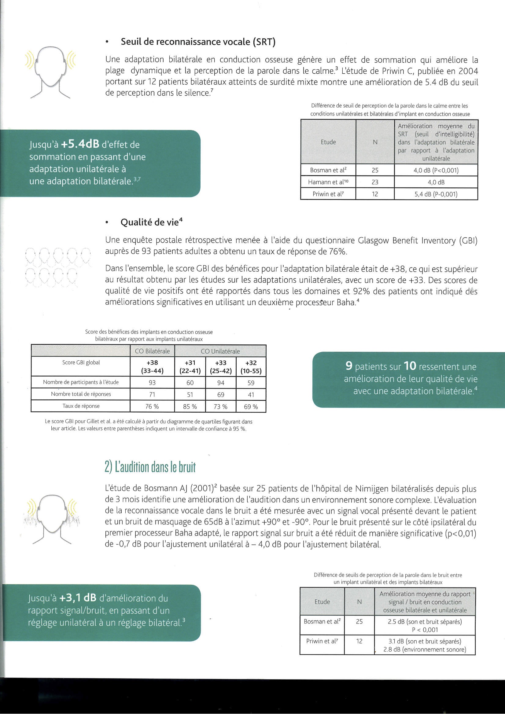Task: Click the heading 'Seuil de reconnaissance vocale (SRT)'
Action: pos(198,42)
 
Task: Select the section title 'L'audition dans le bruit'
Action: pos(150,467)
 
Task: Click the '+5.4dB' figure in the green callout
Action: pos(80,144)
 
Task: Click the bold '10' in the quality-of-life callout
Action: pos(410,366)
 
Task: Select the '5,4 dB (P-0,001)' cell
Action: pos(436,194)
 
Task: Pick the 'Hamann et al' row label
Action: pos(328,182)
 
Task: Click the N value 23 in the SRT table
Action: pos(375,182)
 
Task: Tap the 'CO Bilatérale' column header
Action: pos(152,351)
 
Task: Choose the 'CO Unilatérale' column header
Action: pos(220,351)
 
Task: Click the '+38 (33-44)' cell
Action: pos(152,366)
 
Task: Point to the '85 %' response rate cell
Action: pos(190,407)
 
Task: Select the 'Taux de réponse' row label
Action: pos(81,406)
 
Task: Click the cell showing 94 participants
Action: pos(220,382)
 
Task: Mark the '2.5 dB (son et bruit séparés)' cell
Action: pos(425,622)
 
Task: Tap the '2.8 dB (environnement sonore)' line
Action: pos(425,649)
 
